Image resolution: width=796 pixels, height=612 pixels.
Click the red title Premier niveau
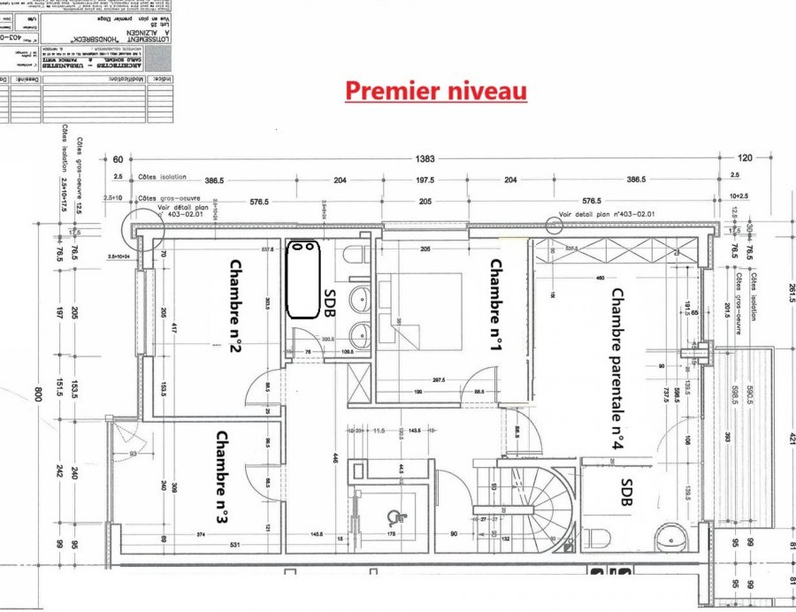click(x=435, y=91)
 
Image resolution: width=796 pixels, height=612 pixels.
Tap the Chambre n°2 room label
click(x=235, y=306)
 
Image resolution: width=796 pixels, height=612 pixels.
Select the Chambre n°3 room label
click(x=222, y=478)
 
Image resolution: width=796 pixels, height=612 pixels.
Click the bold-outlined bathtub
click(x=304, y=278)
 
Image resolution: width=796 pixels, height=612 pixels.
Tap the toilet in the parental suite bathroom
click(x=598, y=536)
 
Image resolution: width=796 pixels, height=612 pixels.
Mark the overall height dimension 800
click(x=38, y=393)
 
